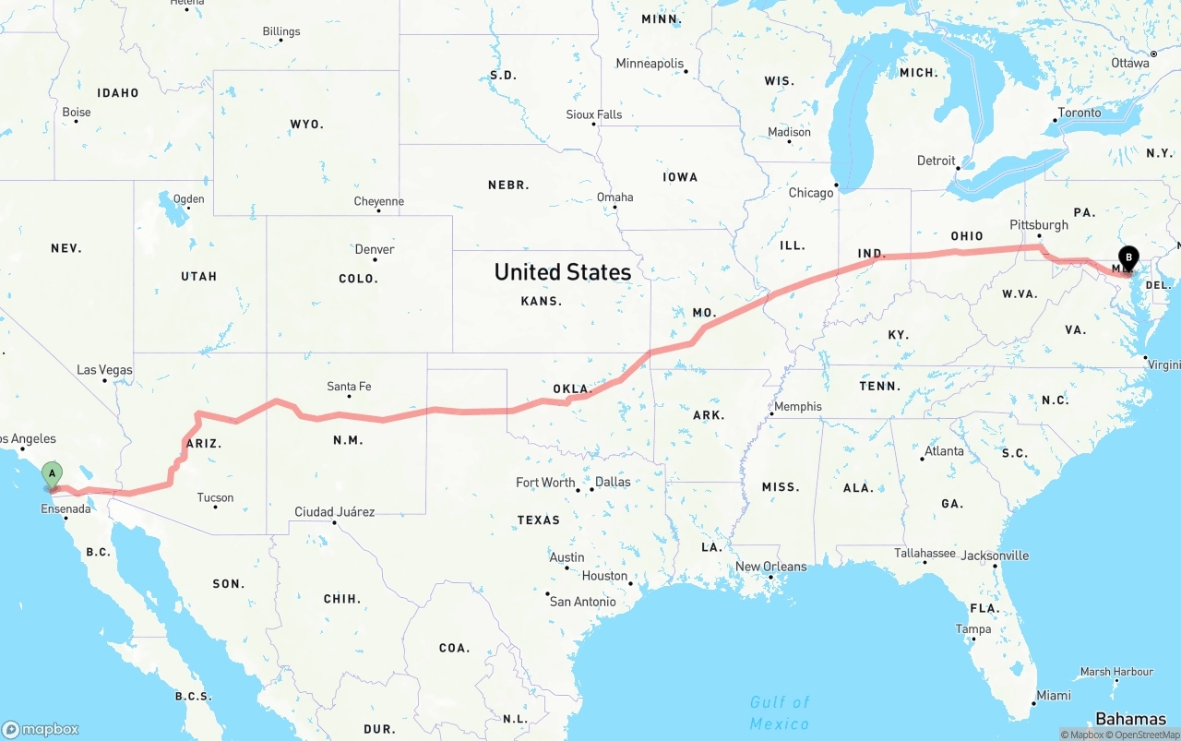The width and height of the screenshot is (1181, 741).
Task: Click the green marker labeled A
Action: pos(53,474)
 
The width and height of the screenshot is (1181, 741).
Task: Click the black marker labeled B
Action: pos(1128,257)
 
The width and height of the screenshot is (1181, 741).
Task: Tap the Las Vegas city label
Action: pos(104,370)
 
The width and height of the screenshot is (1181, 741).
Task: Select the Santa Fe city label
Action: pos(349,387)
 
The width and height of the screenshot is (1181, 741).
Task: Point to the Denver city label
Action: pos(375,249)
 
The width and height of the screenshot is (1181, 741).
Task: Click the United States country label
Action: pos(562,272)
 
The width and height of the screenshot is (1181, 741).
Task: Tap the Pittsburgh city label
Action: pos(1039,224)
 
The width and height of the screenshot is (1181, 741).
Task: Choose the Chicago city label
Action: pos(811,193)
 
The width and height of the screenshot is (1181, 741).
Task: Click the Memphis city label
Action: pos(797,406)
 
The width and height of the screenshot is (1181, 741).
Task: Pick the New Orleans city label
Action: pos(770,567)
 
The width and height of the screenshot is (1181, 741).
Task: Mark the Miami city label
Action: pos(1053,695)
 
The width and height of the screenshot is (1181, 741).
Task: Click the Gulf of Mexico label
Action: pos(779,712)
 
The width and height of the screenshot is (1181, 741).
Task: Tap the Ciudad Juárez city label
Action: pos(334,511)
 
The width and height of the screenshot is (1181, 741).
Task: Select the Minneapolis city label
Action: pos(650,64)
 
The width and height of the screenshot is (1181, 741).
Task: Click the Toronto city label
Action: pos(1079,113)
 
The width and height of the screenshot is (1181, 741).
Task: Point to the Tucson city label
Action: pos(215,497)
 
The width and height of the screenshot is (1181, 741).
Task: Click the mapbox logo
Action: pos(41,729)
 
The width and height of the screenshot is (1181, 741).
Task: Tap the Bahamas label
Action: pos(1130,719)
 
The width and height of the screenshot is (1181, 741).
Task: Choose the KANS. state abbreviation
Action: pos(541,301)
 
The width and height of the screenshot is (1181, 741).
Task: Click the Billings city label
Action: pos(280,31)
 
